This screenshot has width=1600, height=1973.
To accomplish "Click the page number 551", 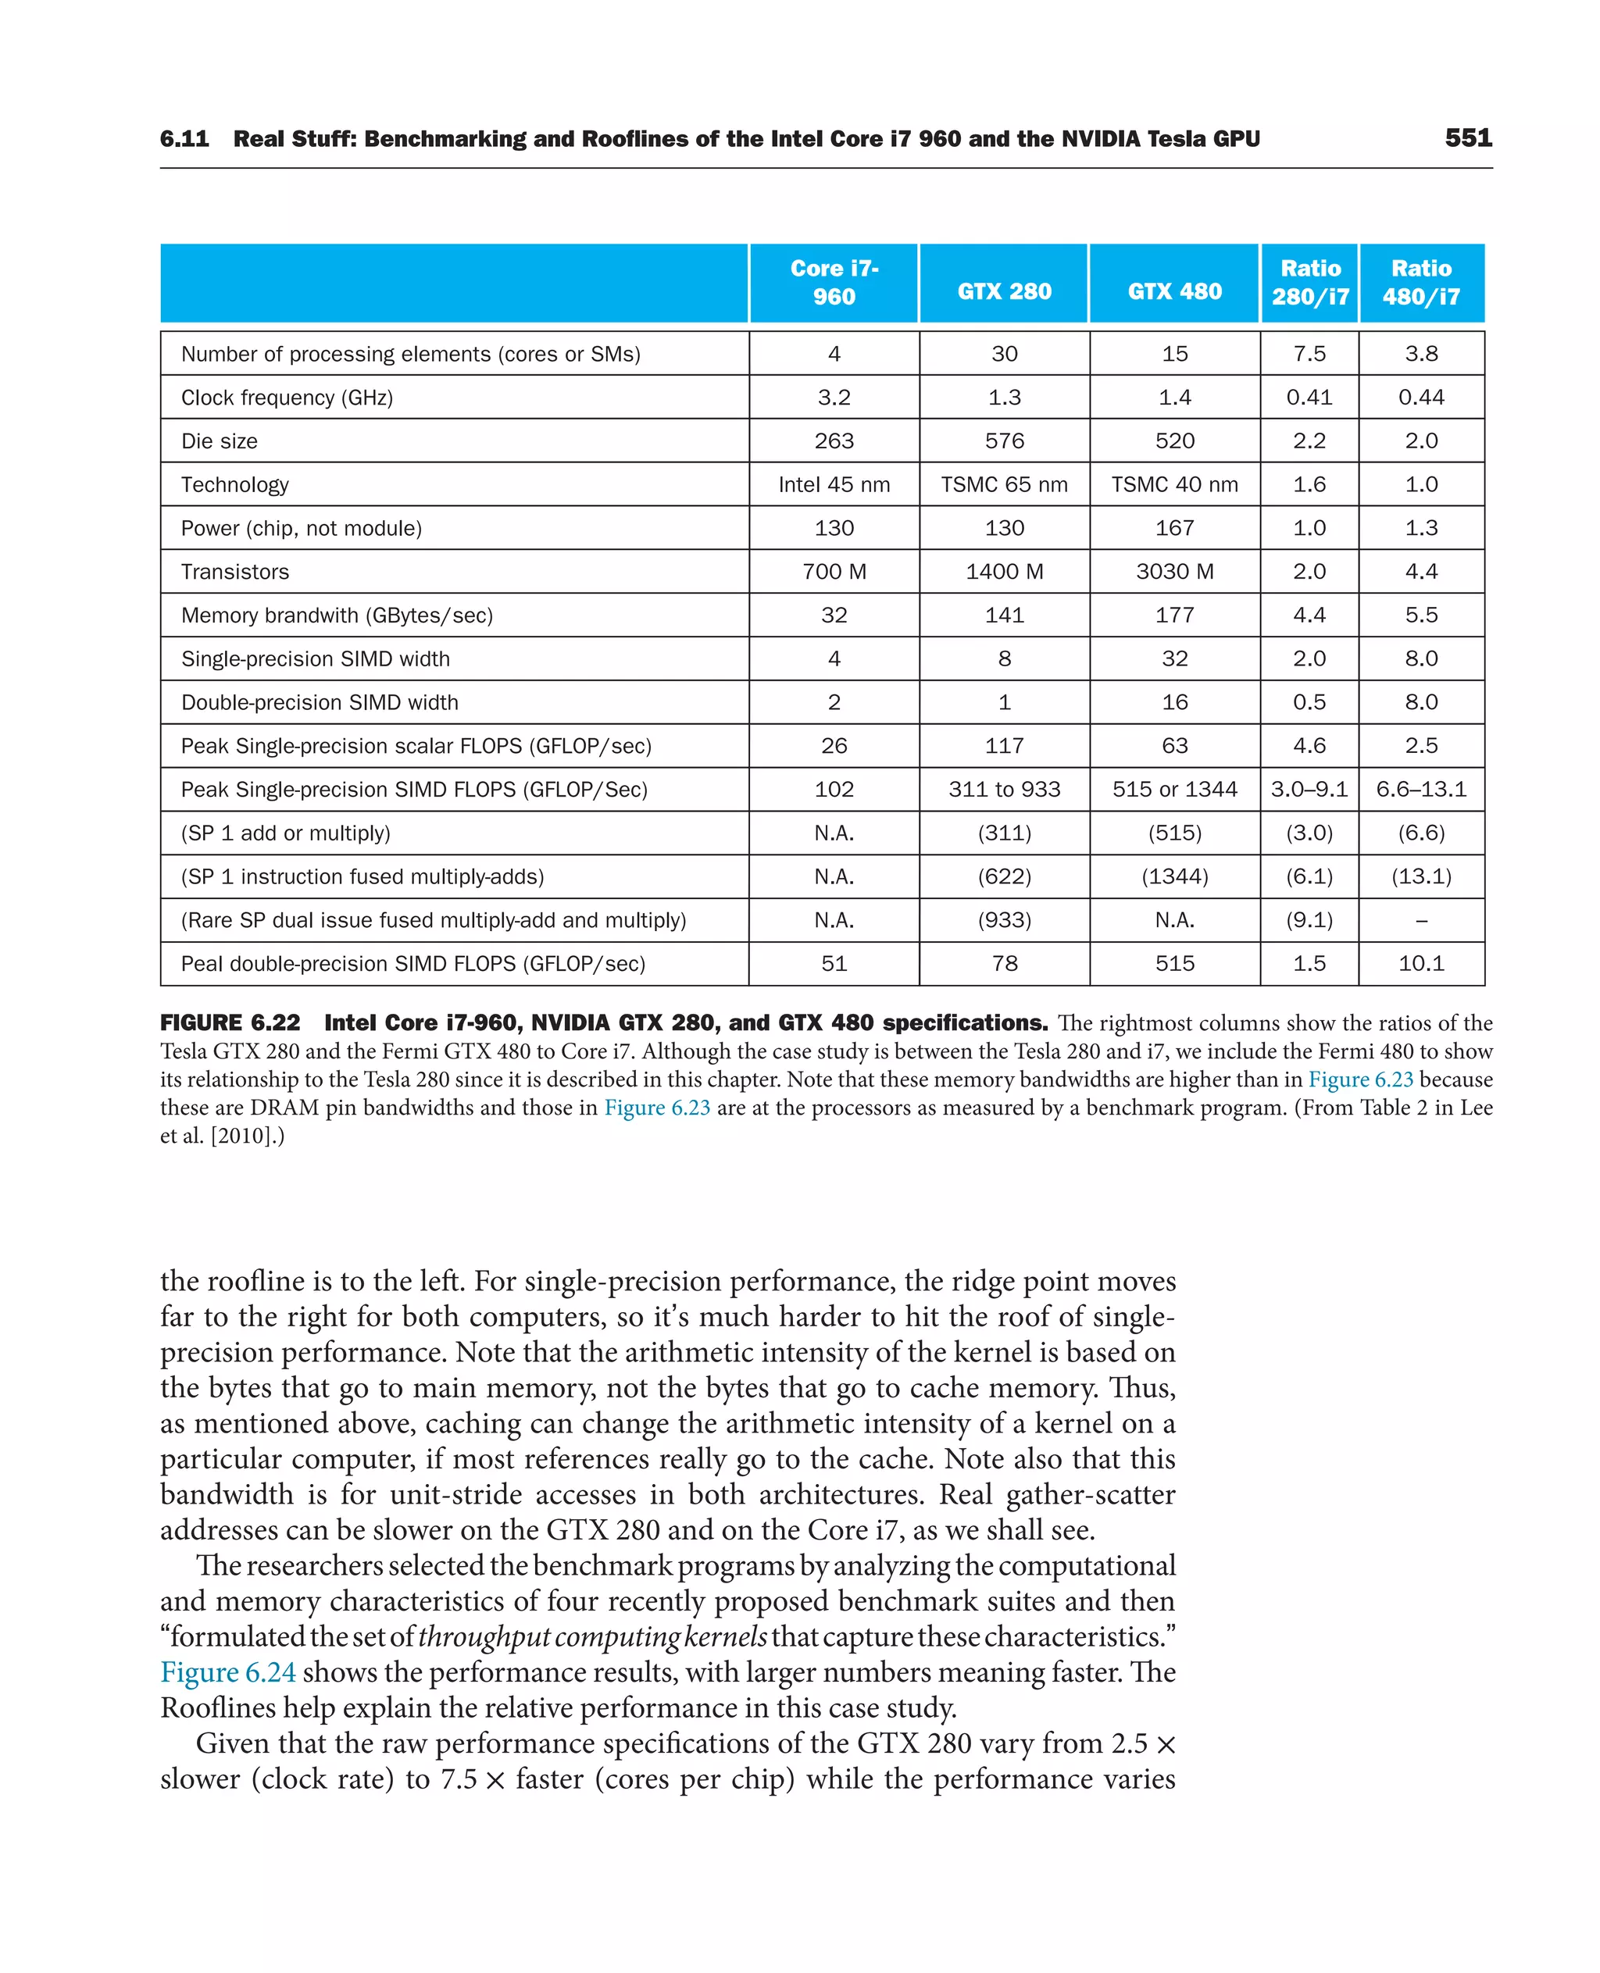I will [1467, 138].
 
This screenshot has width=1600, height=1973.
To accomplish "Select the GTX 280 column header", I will [1004, 291].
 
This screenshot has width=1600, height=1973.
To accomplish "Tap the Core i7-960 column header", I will [834, 282].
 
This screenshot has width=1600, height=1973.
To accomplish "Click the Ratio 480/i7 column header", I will [1420, 282].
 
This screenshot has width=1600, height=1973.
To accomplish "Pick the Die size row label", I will [220, 441].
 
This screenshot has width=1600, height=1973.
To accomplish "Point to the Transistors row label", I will [235, 573].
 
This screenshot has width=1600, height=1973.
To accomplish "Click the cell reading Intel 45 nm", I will [834, 485].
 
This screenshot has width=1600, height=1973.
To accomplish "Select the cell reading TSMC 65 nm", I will [1004, 485].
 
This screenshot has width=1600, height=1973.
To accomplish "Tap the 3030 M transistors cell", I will [1174, 573].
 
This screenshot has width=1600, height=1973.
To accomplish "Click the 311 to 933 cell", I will [1004, 790].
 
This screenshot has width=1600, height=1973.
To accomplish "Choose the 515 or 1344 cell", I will [1174, 790].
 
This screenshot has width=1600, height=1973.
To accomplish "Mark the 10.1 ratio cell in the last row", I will [1420, 964].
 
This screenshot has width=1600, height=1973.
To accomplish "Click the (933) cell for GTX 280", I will [1004, 921].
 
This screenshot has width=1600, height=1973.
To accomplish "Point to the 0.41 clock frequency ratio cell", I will [1309, 398].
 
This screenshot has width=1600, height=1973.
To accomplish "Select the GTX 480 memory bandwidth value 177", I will [1174, 615].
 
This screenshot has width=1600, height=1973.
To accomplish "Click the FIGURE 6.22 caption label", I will [230, 1023].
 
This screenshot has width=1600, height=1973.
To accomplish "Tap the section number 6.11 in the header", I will [184, 139].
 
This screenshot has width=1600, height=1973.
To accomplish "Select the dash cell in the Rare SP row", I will [1420, 921].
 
